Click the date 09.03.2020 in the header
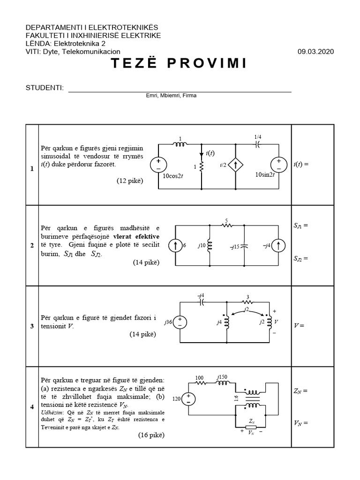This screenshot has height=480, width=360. click(x=315, y=52)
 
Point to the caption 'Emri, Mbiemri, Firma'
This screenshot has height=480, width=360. click(x=171, y=96)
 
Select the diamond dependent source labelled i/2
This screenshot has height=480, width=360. click(x=235, y=165)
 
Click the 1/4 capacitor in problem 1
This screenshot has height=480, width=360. click(x=257, y=144)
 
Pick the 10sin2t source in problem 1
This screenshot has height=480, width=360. click(x=278, y=165)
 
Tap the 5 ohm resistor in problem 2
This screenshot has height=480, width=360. click(x=227, y=225)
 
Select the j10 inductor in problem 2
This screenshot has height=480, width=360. click(x=209, y=246)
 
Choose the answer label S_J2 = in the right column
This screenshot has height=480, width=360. click(x=301, y=258)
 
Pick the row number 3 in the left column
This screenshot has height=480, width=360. click(x=32, y=326)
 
